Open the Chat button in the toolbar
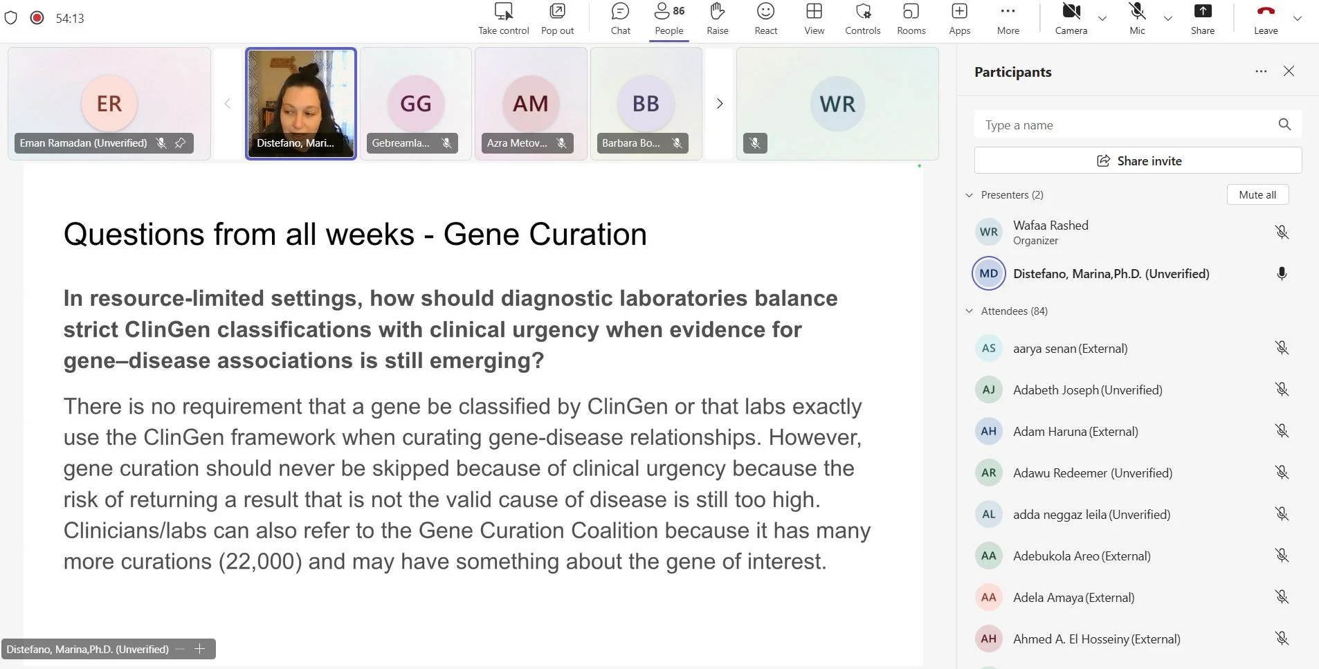[x=620, y=19]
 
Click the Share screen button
[x=1203, y=19]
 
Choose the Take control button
[x=504, y=19]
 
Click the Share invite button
[x=1138, y=161]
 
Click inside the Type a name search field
[x=1128, y=125]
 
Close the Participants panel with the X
[x=1289, y=71]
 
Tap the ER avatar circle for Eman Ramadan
[x=109, y=104]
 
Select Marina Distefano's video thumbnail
[x=301, y=104]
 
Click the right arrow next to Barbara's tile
[x=720, y=104]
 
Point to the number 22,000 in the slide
[x=260, y=561]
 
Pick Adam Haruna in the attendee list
[x=1075, y=432]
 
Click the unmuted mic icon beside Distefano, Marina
[x=1282, y=273]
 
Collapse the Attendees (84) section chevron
[x=969, y=311]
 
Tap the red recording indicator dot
[x=37, y=18]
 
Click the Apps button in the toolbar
[x=959, y=19]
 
